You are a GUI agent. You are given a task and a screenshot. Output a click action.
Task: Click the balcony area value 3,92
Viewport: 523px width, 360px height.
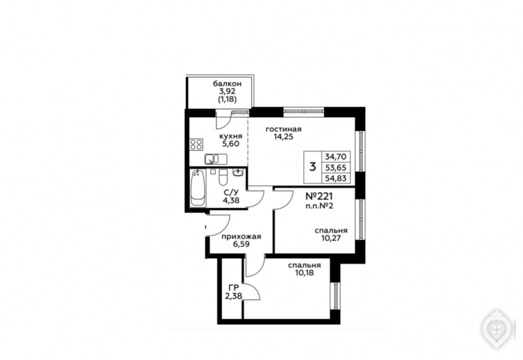click(x=228, y=91)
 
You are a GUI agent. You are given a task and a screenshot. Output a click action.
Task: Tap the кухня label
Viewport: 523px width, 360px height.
click(x=230, y=136)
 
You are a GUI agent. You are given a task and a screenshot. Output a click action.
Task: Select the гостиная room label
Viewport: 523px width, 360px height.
click(x=283, y=129)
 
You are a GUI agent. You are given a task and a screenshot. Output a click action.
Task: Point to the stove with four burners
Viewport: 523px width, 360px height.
click(x=196, y=144)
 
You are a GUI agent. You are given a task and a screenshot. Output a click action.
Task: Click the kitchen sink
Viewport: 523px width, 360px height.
click(x=216, y=159)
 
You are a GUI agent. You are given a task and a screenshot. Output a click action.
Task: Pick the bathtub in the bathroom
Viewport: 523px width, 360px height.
click(x=198, y=188)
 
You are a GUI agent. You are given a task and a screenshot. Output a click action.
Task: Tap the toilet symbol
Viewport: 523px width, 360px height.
click(x=223, y=177)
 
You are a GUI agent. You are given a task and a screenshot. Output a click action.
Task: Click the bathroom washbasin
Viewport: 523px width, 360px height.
click(x=238, y=173)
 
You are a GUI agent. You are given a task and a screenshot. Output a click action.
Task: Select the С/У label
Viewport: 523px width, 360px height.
click(x=231, y=193)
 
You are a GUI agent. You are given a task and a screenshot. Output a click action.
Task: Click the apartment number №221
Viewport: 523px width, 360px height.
click(x=319, y=196)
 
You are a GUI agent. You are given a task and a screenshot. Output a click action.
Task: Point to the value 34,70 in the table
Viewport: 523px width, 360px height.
click(x=336, y=156)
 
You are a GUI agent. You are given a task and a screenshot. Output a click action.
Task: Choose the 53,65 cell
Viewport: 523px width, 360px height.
click(x=336, y=167)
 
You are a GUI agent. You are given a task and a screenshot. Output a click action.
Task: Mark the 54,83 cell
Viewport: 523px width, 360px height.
click(x=336, y=178)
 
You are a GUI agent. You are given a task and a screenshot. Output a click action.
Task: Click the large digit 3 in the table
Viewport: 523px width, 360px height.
click(x=313, y=166)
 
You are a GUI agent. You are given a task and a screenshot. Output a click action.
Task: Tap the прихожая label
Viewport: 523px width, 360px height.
click(x=241, y=237)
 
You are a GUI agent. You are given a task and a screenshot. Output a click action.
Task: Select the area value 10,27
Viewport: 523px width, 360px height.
click(x=331, y=239)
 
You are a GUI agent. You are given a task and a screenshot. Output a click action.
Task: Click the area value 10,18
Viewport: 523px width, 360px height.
click(x=304, y=273)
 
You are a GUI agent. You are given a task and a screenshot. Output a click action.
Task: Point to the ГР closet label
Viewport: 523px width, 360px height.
click(x=234, y=287)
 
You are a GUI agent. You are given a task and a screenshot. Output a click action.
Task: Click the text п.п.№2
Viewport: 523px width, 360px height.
click(x=319, y=206)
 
